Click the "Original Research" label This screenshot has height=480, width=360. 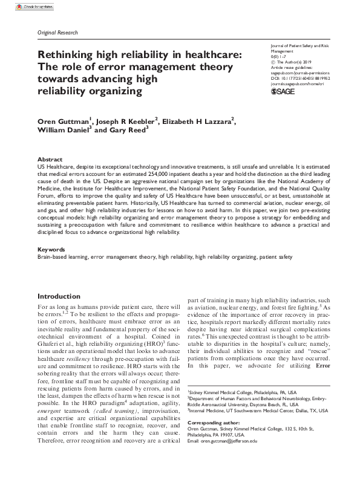click(x=57, y=32)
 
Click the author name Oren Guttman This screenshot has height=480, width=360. click(x=63, y=120)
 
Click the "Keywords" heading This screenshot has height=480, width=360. click(x=51, y=248)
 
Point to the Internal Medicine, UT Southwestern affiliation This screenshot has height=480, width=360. click(x=267, y=410)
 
